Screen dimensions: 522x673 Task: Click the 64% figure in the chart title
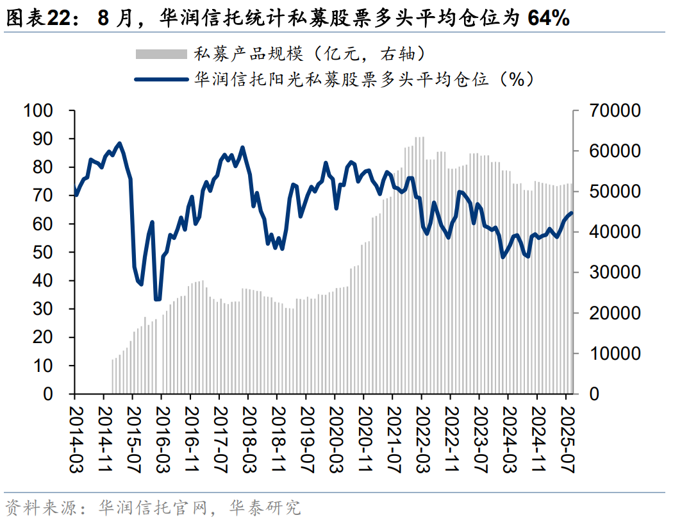[x=548, y=18]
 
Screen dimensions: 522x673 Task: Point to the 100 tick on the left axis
[x=38, y=111]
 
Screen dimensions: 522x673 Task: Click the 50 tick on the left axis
[x=46, y=253]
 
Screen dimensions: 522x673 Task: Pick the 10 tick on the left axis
[x=46, y=366]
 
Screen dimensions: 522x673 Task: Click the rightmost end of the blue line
[x=571, y=214]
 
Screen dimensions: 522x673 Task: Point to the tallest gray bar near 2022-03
[x=420, y=138]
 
